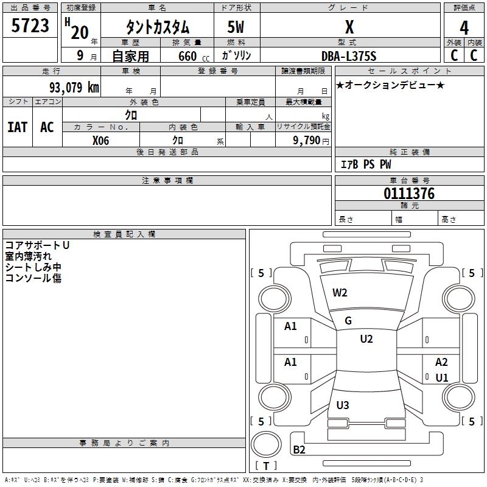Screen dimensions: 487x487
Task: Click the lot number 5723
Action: tap(30, 26)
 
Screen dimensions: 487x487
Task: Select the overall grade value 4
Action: tap(464, 27)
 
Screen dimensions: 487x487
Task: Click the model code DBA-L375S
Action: tap(349, 56)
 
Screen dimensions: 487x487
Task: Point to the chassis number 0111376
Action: tap(409, 194)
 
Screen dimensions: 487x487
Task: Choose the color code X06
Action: tap(100, 140)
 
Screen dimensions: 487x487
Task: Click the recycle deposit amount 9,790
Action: tap(307, 140)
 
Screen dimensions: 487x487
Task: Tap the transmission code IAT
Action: tap(18, 127)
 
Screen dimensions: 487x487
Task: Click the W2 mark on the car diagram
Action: tap(340, 292)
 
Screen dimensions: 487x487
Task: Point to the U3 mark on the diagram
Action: tap(343, 405)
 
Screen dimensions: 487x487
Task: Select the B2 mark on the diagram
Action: tap(299, 450)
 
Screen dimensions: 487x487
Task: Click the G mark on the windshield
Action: tap(348, 320)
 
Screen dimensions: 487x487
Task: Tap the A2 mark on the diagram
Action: tap(441, 362)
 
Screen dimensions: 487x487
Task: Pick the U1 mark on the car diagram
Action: tap(442, 377)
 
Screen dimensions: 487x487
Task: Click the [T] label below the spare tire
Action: tap(265, 466)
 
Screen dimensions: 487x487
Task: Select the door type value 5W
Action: tap(236, 27)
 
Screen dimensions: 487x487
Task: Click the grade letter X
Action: tap(349, 27)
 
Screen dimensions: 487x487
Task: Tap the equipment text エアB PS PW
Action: tap(365, 164)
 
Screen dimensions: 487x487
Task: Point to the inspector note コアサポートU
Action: tap(38, 245)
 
